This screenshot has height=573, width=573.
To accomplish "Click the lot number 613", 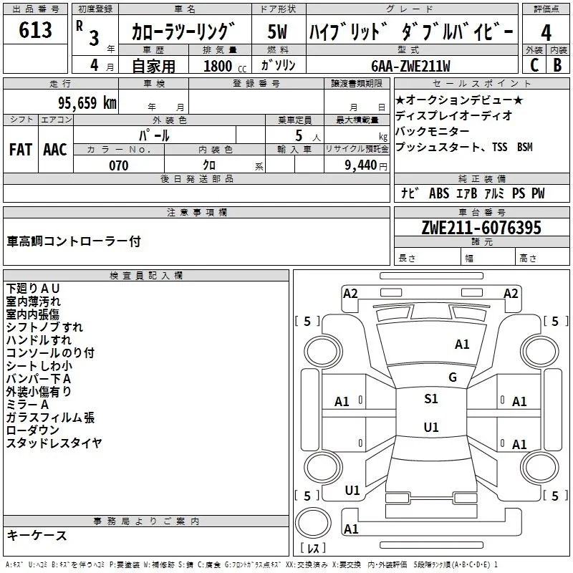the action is click(x=35, y=29).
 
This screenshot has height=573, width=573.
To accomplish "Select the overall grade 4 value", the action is click(x=546, y=32).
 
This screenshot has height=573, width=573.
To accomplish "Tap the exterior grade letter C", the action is click(x=534, y=65).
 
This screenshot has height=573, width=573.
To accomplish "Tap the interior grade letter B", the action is click(x=557, y=65).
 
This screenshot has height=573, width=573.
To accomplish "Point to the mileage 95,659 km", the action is click(x=87, y=103).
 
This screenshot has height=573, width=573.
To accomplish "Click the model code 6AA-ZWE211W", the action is click(x=410, y=66).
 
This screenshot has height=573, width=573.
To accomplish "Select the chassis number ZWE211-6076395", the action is click(x=481, y=228).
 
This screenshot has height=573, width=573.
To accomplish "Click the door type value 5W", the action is click(x=277, y=32).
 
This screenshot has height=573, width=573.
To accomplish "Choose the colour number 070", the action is click(x=119, y=165).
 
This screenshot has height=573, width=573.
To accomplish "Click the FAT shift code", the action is click(x=21, y=150).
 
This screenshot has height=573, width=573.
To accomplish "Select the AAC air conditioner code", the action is click(x=55, y=150).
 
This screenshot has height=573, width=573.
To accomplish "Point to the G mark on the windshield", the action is click(x=453, y=377).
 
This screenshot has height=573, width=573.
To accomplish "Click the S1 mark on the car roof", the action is click(x=431, y=399).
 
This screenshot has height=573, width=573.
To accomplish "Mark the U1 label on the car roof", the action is click(x=431, y=427).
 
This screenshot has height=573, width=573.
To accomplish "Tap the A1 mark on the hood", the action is click(x=462, y=345).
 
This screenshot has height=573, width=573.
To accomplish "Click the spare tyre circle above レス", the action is click(x=313, y=522).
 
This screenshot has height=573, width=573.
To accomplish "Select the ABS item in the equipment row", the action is click(x=439, y=193).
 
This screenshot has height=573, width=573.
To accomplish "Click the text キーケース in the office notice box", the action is click(x=37, y=535).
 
